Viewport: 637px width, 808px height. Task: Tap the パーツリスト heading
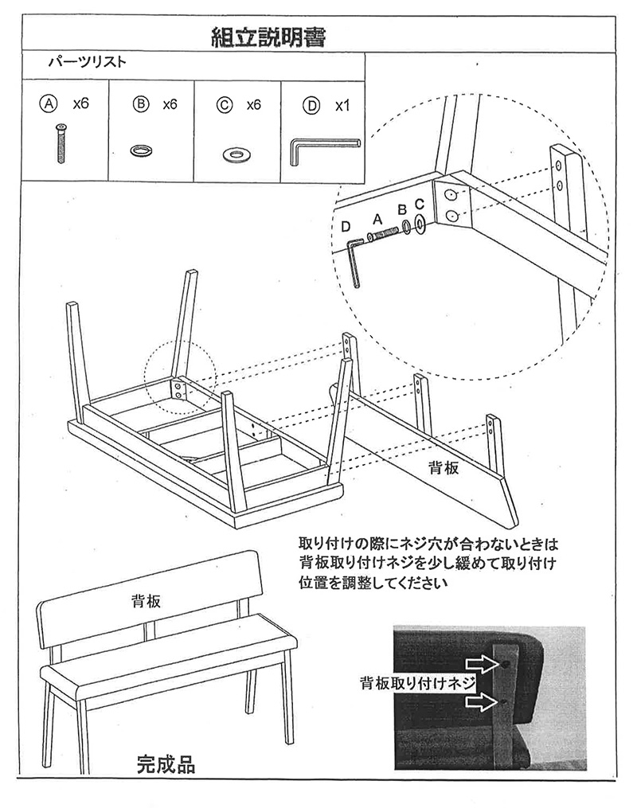(x=87, y=62)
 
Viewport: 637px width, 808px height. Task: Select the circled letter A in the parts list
(x=49, y=103)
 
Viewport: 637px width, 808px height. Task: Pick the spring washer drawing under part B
(x=141, y=150)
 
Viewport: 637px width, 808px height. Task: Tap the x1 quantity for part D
(x=342, y=106)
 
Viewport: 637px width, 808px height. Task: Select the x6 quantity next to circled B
(x=170, y=104)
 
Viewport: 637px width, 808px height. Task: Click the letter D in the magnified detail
(x=346, y=227)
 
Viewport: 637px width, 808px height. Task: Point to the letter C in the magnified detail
(x=419, y=204)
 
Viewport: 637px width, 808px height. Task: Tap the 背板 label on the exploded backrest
(x=444, y=467)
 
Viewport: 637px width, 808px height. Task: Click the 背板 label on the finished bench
(x=146, y=601)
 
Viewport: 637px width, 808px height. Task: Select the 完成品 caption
(x=166, y=765)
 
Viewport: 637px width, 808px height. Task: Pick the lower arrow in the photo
(x=483, y=701)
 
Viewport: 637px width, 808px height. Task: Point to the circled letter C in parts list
(x=225, y=104)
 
